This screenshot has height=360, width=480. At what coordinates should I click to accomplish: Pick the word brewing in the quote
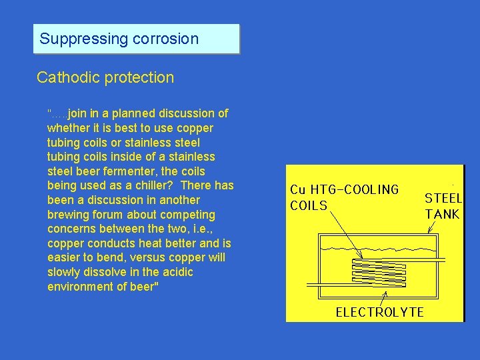[68, 215]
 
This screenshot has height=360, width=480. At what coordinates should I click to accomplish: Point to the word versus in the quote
[148, 258]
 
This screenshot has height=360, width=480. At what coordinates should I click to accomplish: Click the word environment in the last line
[82, 287]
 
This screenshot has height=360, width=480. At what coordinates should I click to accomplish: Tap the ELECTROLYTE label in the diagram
[379, 312]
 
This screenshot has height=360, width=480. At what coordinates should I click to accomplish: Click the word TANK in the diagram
[443, 214]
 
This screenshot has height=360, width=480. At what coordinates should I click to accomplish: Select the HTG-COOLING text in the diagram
[354, 189]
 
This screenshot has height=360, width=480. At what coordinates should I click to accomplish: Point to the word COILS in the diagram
[309, 205]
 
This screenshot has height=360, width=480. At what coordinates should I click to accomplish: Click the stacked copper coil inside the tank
[378, 271]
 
